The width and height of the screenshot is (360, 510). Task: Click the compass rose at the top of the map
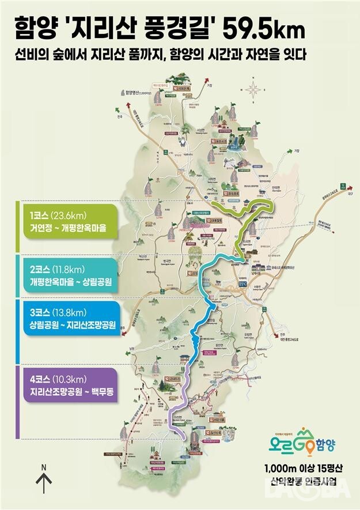252,89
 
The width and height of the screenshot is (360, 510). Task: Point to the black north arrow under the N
44,482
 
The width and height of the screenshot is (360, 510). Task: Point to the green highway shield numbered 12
344,186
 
